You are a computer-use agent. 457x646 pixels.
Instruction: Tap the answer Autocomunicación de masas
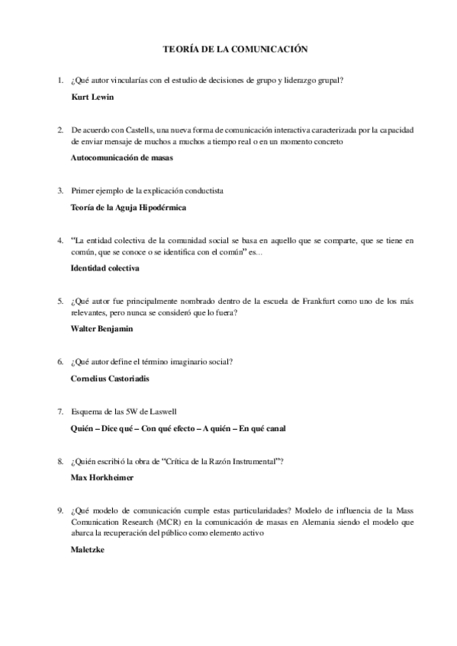pos(122,158)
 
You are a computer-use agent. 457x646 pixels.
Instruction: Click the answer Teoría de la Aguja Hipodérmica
pos(128,207)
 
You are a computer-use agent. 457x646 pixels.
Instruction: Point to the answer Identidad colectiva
pos(105,268)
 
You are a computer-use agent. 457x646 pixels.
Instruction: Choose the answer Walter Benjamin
pos(101,328)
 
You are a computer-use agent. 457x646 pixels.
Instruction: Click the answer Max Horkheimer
pos(101,477)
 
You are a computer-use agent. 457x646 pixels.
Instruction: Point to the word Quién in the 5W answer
pos(83,428)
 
